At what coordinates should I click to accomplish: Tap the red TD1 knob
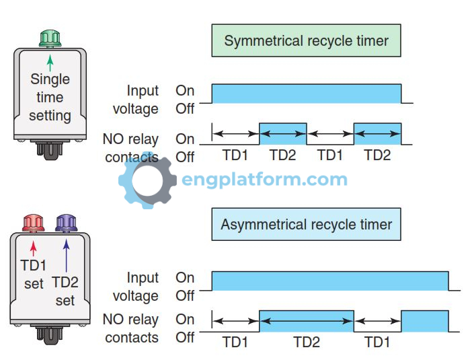(33, 221)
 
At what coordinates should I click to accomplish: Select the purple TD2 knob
(66, 221)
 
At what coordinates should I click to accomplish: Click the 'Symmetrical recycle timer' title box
(306, 40)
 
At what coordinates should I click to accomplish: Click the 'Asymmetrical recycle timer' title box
(306, 224)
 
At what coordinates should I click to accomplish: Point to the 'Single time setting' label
(50, 97)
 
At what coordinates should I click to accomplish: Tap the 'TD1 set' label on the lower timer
(33, 274)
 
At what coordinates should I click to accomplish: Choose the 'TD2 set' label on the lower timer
(65, 291)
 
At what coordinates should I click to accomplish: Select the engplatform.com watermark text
(264, 180)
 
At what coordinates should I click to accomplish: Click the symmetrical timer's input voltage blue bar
(306, 94)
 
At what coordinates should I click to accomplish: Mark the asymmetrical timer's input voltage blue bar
(329, 281)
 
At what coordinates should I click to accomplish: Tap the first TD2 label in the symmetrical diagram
(282, 155)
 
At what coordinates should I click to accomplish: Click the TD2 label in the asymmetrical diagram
(306, 342)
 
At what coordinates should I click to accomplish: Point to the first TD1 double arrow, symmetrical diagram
(235, 134)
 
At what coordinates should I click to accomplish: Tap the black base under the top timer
(50, 147)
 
